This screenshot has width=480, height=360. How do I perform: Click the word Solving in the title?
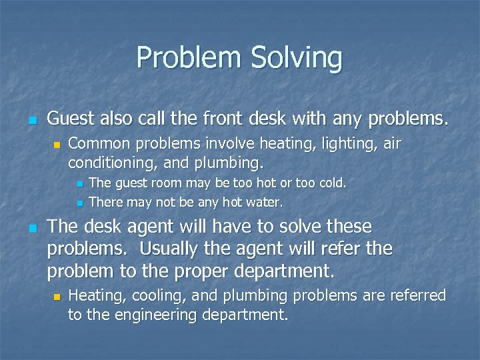coord(297,59)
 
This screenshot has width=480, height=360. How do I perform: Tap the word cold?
coord(332,183)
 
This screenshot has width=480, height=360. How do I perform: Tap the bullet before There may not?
coord(78,202)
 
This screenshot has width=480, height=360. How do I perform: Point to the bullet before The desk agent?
coord(32,228)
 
